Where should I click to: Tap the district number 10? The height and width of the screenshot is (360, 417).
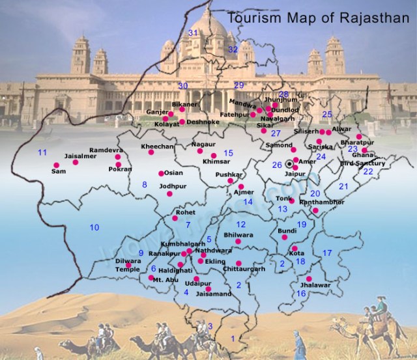(94, 227)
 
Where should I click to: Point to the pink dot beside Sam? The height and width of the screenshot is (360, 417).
(75, 163)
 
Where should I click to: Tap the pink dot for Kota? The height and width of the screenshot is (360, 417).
(295, 249)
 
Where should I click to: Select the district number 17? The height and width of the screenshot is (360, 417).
(328, 252)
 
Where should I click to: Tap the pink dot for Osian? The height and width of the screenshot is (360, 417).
(161, 173)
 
